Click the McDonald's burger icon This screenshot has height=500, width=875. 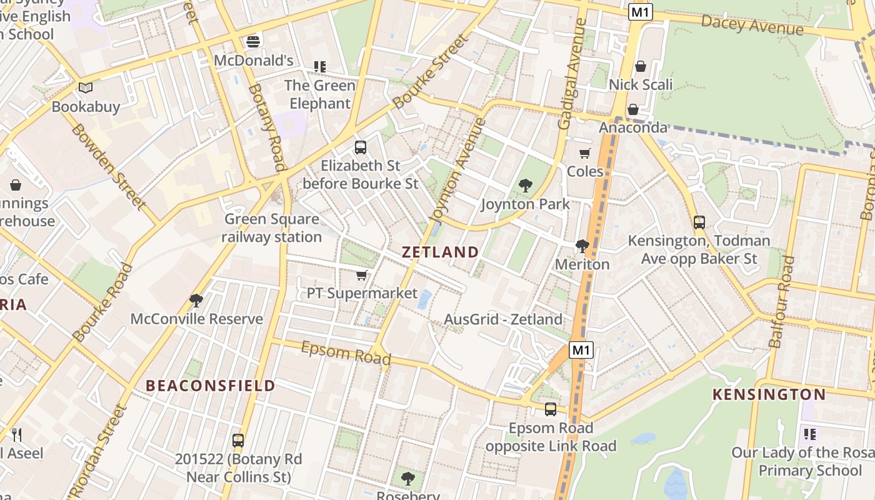coord(253,42)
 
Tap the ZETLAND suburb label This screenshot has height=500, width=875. coord(440,252)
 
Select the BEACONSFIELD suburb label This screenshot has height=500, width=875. coord(211,386)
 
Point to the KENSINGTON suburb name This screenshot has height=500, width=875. coord(769,394)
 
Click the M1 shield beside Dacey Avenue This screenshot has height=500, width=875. coord(640,12)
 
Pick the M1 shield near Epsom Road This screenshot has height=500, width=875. coord(581,350)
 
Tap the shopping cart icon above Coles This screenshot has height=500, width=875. coord(585,153)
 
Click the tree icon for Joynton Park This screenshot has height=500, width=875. coord(526,185)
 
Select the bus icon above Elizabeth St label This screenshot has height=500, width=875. coord(361,147)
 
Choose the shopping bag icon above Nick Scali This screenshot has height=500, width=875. coord(641,66)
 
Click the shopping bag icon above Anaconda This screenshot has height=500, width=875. coord(633,109)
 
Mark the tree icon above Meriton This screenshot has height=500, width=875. coord(582,246)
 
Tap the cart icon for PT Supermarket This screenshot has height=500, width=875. coord(362,275)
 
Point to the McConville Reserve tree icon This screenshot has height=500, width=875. coord(196,301)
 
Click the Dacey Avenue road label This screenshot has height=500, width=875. coord(752,24)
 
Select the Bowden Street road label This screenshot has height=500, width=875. coord(107,166)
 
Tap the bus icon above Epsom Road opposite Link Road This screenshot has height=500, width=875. coord(551,409)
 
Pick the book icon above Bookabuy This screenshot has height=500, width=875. coord(86,88)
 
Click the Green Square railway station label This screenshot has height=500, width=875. coord(271,228)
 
